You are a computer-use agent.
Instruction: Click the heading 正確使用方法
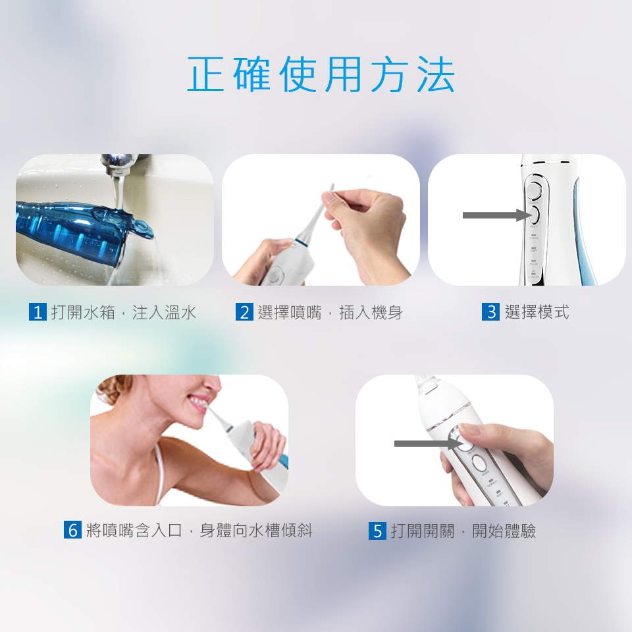coord(321,74)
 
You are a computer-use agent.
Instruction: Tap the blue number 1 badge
coord(38,312)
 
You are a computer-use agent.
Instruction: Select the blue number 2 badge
coord(244,312)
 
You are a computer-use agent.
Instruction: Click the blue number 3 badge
coord(490,312)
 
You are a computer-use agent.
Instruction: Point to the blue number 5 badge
coord(377,531)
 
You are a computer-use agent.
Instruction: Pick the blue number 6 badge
coord(72,529)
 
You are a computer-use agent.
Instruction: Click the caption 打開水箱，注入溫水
coord(124,312)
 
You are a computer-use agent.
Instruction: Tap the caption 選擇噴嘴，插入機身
coord(330,312)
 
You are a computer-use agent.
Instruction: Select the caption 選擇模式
coord(537,312)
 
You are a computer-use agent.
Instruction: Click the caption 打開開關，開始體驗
coord(463,531)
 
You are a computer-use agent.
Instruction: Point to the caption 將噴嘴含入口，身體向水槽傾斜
coord(199,530)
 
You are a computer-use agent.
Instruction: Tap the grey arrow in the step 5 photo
coord(428,443)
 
